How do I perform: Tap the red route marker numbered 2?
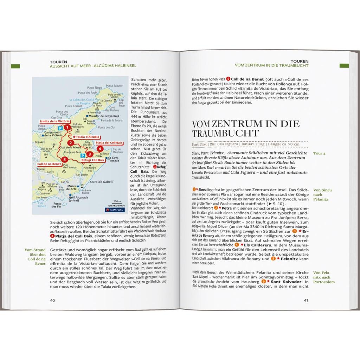(x=71, y=143)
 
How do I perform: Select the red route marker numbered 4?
(x=100, y=148)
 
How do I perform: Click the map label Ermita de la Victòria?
(x=49, y=121)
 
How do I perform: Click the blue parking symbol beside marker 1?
(x=60, y=128)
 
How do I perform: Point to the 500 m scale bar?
(x=117, y=203)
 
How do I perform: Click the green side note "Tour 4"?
(x=319, y=154)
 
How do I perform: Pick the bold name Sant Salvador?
(x=285, y=282)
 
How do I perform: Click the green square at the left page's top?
(x=15, y=66)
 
